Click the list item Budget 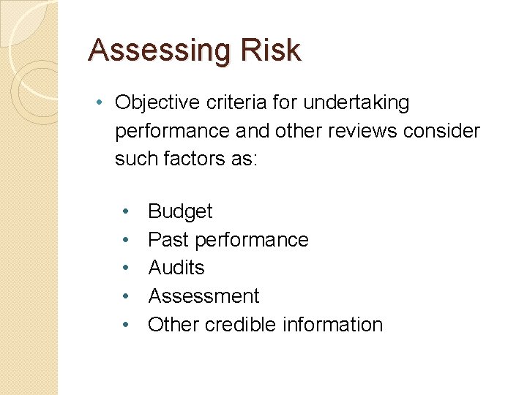pyautogui.click(x=180, y=211)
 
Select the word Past pyautogui.click(x=165, y=240)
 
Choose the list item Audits pyautogui.click(x=176, y=268)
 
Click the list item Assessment pyautogui.click(x=203, y=296)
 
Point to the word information pyautogui.click(x=337, y=325)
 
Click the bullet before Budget pyautogui.click(x=126, y=211)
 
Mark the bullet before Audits pyautogui.click(x=126, y=268)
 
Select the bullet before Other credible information pyautogui.click(x=126, y=325)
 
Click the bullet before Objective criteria pyautogui.click(x=99, y=103)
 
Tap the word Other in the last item pyautogui.click(x=173, y=325)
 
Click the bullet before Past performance pyautogui.click(x=126, y=240)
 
